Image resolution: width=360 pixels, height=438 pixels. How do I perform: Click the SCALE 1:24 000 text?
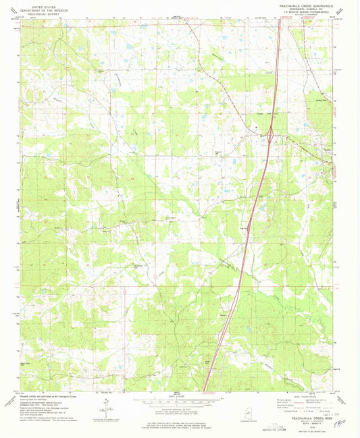coord(180,395)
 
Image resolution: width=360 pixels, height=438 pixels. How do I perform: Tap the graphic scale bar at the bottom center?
coord(180,400)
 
